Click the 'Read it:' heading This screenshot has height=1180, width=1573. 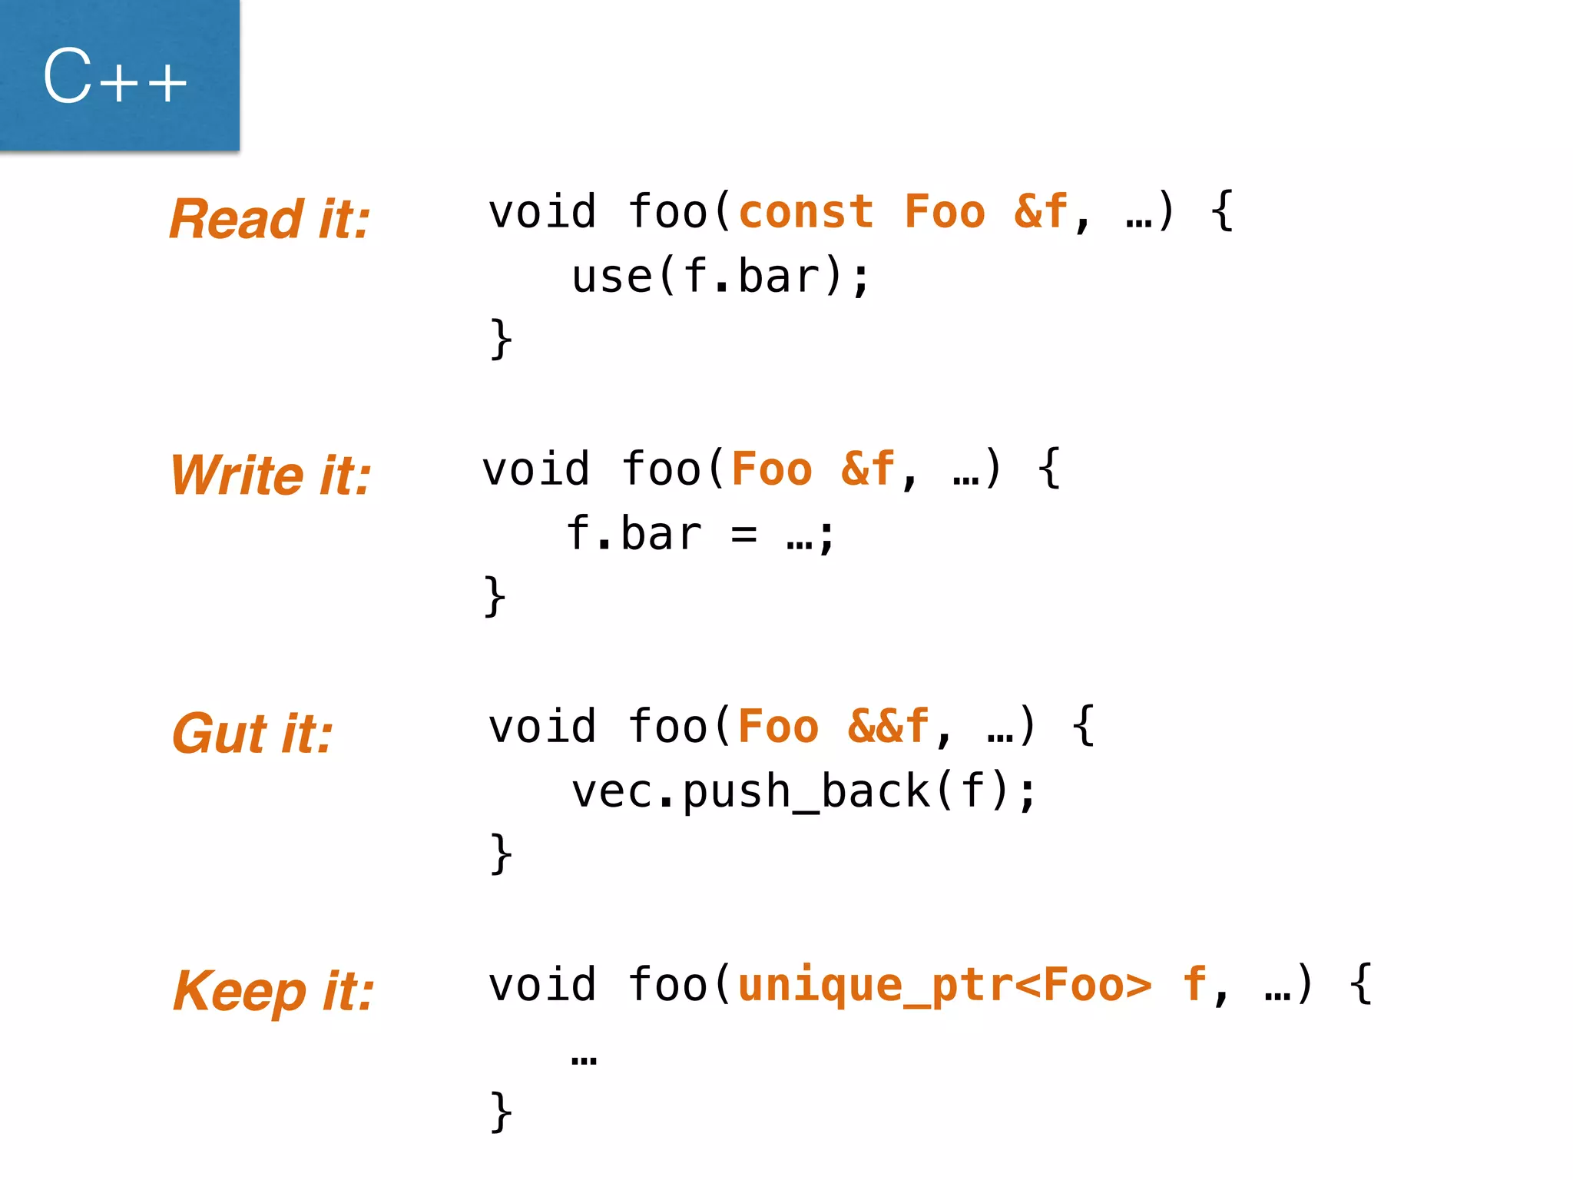pos(270,219)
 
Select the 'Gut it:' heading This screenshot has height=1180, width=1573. pos(253,733)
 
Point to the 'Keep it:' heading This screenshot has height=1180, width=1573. pos(273,990)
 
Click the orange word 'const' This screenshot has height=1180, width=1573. pos(806,212)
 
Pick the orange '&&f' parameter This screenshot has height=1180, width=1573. pos(889,727)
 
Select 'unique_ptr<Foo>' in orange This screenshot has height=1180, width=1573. pos(945,985)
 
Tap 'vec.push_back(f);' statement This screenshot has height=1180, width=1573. pos(804,792)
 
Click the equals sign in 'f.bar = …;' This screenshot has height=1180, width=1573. pos(743,535)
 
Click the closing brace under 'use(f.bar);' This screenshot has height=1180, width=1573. pos(501,339)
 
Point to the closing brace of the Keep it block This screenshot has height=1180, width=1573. pos(501,1111)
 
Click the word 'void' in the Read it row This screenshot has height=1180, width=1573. pos(542,212)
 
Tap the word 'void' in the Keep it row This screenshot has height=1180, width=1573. pos(542,985)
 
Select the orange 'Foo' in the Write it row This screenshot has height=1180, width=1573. pos(772,469)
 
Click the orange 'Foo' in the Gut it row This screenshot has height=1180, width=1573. pos(778,727)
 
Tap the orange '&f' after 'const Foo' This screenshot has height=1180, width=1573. pos(1041,212)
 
